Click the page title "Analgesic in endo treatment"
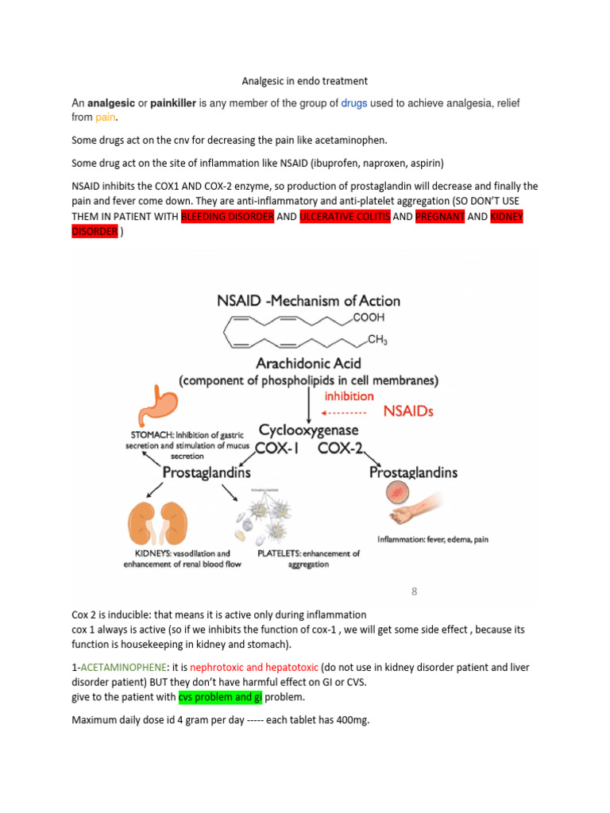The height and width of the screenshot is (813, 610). [305, 81]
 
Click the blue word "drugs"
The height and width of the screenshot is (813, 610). [355, 103]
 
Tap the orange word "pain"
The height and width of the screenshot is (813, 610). [106, 118]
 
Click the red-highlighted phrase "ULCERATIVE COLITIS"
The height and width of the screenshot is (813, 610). [345, 217]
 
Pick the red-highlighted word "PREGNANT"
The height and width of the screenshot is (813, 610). [440, 217]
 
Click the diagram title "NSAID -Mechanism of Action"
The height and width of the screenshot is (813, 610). [308, 301]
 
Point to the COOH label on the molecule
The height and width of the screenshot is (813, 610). [368, 318]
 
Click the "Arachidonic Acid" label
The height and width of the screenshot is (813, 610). [309, 363]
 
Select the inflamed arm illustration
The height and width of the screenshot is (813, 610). [414, 504]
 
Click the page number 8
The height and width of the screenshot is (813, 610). [414, 591]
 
